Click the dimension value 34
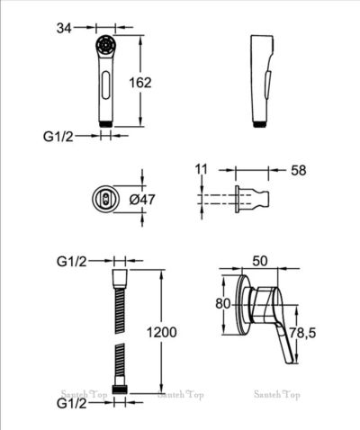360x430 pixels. [x=64, y=29]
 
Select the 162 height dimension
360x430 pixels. [x=140, y=83]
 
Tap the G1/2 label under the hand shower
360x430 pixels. [x=58, y=137]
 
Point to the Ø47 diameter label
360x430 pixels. [x=142, y=200]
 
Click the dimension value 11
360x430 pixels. [x=201, y=169]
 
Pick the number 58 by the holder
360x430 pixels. [x=299, y=171]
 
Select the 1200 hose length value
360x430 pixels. [x=161, y=332]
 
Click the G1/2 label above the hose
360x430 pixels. [x=72, y=262]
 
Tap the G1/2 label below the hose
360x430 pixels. [x=72, y=404]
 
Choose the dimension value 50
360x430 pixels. [x=259, y=261]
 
